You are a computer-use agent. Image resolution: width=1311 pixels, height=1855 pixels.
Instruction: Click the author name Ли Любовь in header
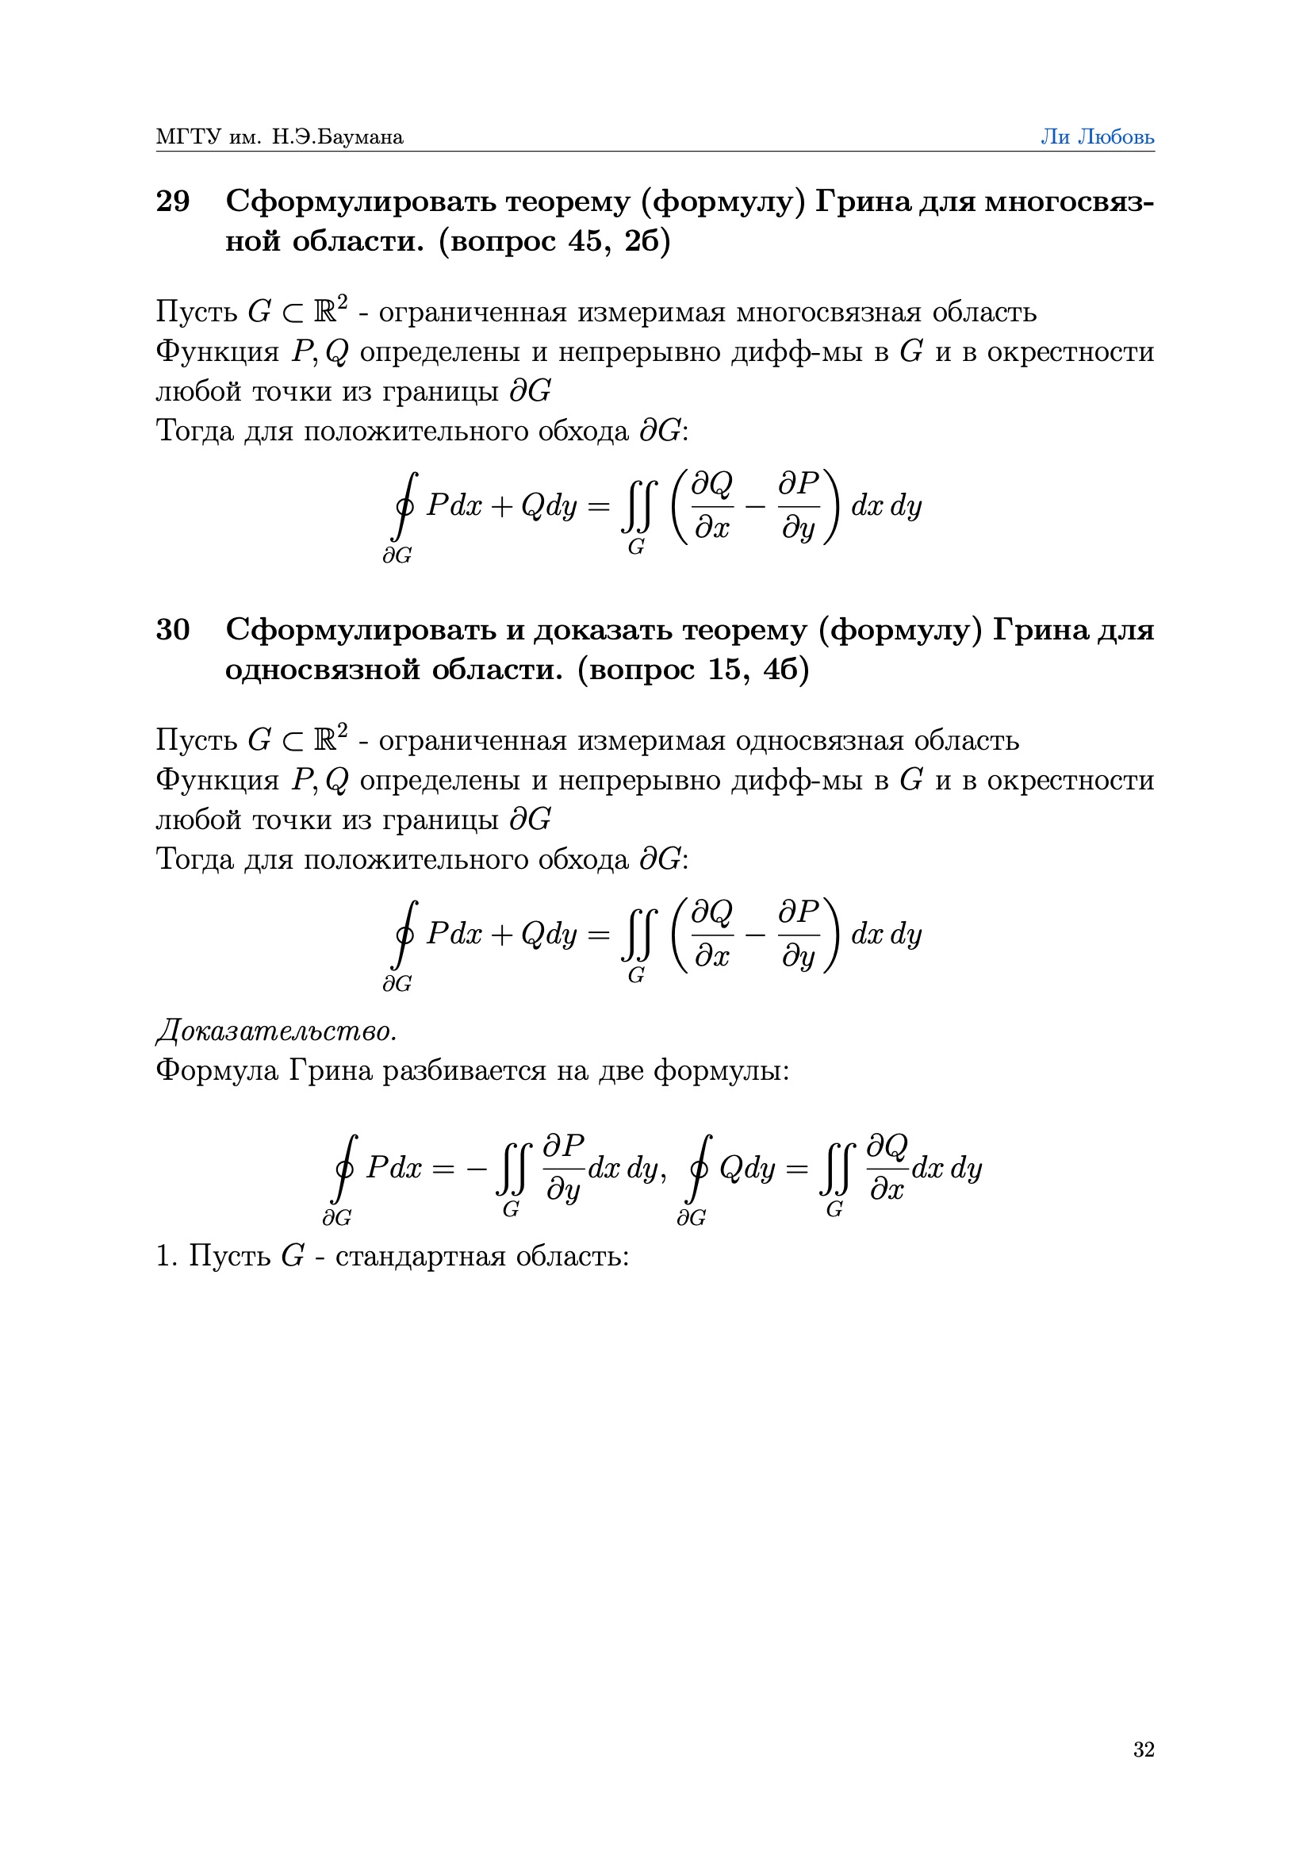[x=1096, y=136]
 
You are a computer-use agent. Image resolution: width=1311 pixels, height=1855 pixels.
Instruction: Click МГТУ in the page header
[x=188, y=136]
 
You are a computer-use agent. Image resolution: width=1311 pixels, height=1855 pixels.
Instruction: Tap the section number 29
[x=172, y=201]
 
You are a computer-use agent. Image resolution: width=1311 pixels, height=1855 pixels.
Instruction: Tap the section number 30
[x=172, y=628]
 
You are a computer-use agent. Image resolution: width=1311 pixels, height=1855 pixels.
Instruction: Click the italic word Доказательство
[x=276, y=1031]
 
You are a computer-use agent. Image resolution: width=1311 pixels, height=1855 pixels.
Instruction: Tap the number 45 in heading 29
[x=585, y=240]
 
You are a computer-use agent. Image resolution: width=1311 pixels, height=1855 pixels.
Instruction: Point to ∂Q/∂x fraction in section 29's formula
[x=712, y=505]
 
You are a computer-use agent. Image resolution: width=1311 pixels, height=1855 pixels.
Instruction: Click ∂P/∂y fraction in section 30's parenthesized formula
[x=799, y=934]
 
